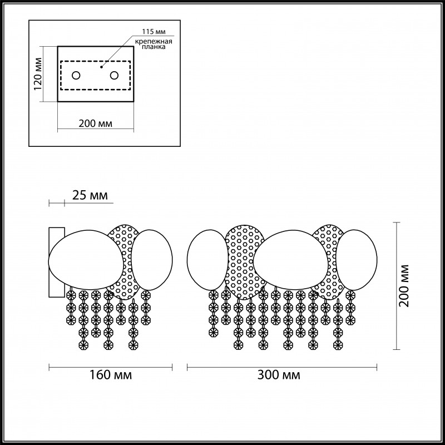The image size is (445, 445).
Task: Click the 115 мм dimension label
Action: coord(154,32)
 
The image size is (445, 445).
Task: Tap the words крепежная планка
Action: coord(154,44)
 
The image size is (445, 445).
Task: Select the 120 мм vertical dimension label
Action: coord(38,74)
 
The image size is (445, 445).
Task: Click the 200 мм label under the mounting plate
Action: coord(95,123)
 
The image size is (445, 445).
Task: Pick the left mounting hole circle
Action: coord(76,76)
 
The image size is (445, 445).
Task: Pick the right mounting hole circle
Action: coord(115,76)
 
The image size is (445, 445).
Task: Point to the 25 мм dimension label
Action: coord(90,195)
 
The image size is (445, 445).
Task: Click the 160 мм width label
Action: coord(111,375)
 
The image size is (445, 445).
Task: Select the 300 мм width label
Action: coord(279,375)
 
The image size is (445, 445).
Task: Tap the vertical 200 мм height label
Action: coord(404,286)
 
